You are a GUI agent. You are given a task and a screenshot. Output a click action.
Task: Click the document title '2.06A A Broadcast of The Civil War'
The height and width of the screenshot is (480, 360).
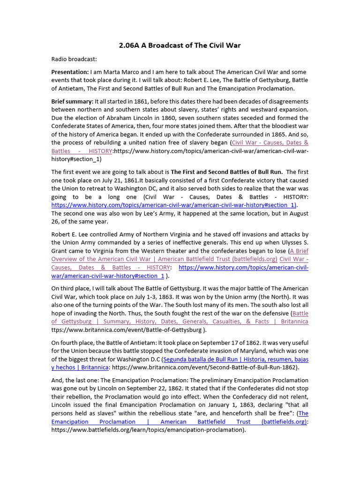180,45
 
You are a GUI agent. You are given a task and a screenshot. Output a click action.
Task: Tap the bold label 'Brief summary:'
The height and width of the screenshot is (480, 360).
72,101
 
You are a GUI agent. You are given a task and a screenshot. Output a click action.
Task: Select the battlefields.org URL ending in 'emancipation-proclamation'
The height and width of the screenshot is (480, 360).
148,430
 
